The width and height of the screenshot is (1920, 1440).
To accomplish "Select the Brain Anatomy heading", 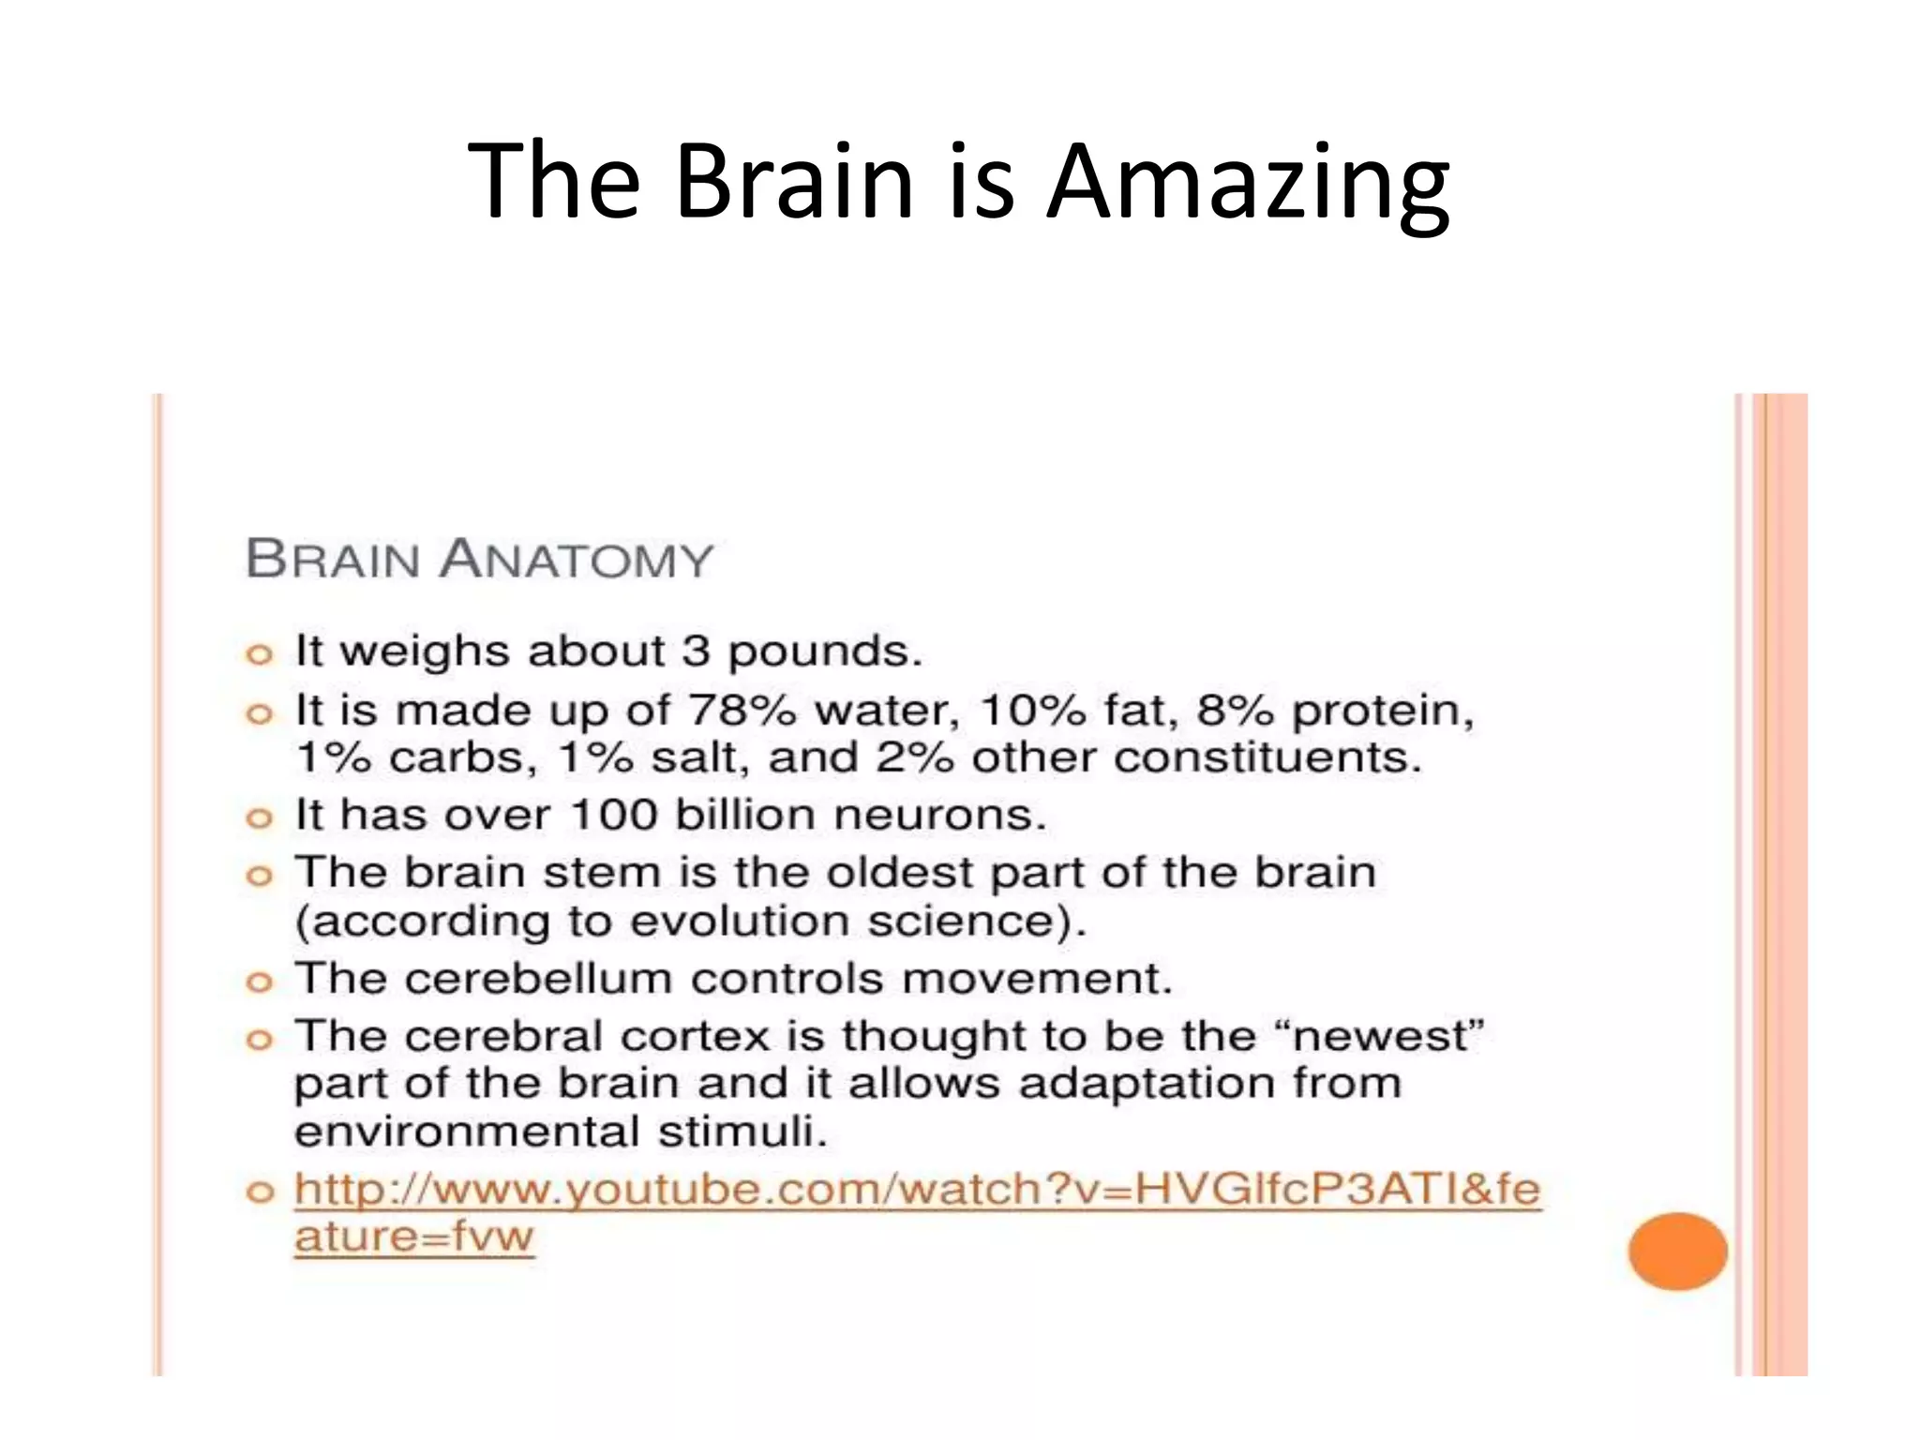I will (479, 560).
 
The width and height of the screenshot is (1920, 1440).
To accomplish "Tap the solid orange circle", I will (1677, 1251).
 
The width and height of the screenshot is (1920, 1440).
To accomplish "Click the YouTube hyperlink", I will (916, 1191).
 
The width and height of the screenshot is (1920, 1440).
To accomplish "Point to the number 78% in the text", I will (742, 711).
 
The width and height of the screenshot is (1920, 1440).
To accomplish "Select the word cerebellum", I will (538, 979).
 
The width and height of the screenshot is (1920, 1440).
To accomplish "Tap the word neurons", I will (939, 815).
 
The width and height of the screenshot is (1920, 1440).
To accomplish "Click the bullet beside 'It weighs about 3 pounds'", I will (259, 654).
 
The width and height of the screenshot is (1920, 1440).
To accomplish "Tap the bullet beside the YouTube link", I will (259, 1192).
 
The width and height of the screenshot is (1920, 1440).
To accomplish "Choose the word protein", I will (1382, 711).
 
